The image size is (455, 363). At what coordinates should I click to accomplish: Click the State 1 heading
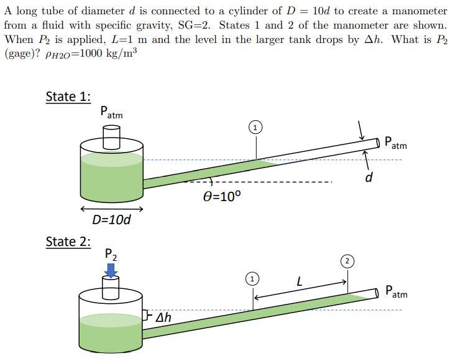pyautogui.click(x=68, y=97)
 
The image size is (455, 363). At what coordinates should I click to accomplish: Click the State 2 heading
pyautogui.click(x=68, y=242)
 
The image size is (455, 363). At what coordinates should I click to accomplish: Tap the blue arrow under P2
pyautogui.click(x=111, y=270)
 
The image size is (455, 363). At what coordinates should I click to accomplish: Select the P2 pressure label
pyautogui.click(x=110, y=254)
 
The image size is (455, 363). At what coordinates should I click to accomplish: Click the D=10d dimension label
pyautogui.click(x=111, y=220)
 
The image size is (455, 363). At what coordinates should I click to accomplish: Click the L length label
pyautogui.click(x=299, y=281)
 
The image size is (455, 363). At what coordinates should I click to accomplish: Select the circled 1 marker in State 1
pyautogui.click(x=255, y=128)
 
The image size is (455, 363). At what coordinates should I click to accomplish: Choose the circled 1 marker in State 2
pyautogui.click(x=252, y=278)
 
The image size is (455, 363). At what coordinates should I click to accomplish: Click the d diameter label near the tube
pyautogui.click(x=369, y=178)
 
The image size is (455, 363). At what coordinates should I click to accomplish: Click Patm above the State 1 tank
pyautogui.click(x=111, y=113)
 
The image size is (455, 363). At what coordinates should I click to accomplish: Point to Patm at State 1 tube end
pyautogui.click(x=396, y=143)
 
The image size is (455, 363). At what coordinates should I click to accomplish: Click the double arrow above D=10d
pyautogui.click(x=111, y=209)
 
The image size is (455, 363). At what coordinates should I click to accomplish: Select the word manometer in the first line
pyautogui.click(x=417, y=11)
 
